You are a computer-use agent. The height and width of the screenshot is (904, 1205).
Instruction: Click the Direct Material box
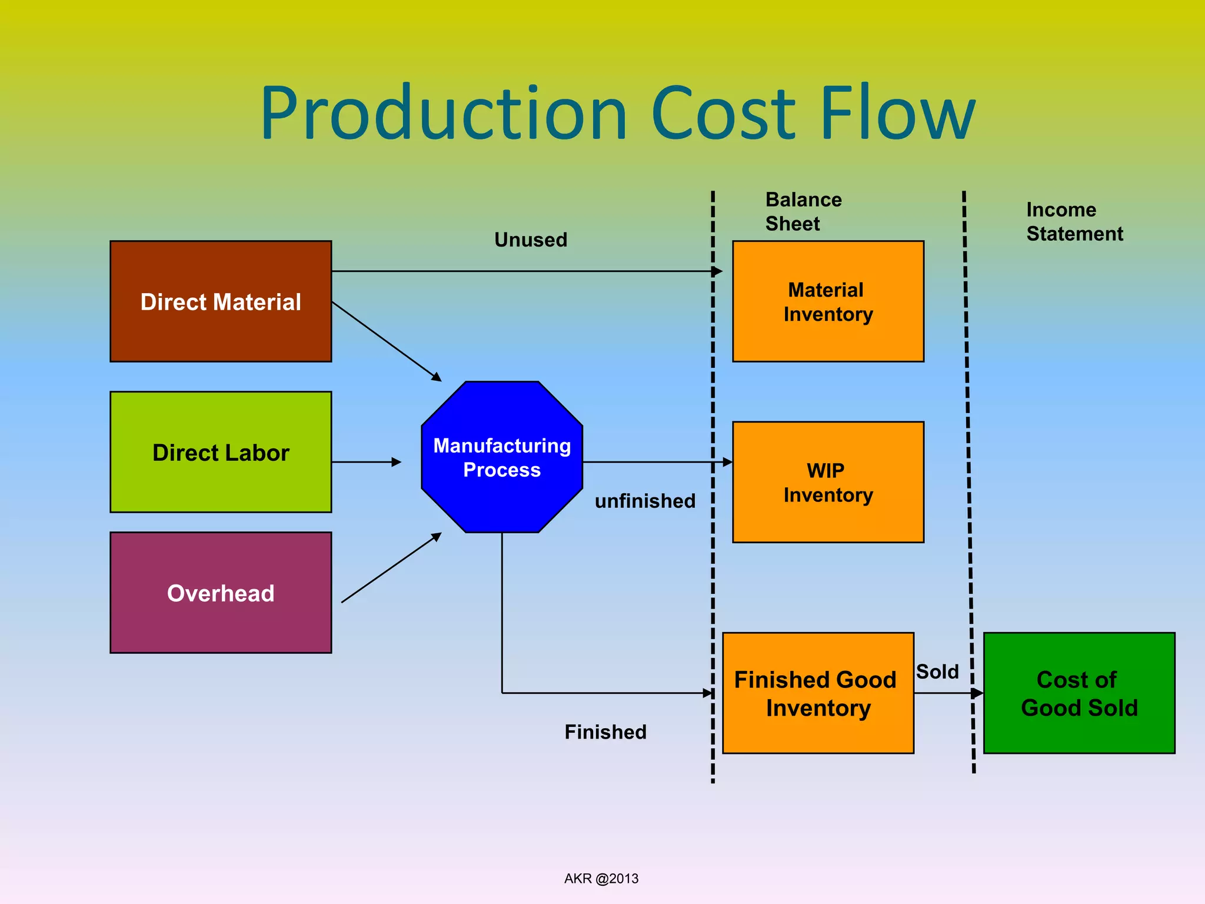(221, 301)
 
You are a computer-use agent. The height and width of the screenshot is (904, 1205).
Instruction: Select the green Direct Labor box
(221, 452)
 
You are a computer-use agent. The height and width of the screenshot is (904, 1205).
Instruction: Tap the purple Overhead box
(221, 593)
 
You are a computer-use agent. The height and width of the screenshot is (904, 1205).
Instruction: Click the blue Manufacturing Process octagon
(502, 457)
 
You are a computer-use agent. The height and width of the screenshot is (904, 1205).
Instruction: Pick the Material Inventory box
(828, 301)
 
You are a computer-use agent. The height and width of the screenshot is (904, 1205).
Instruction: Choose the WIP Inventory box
(828, 482)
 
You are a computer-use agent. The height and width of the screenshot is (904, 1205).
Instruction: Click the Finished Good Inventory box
(818, 693)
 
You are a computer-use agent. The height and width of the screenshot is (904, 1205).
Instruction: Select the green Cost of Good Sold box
(1079, 693)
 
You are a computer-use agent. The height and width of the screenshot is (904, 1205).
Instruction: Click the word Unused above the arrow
(531, 240)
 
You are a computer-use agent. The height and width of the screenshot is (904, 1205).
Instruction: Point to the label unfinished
(645, 501)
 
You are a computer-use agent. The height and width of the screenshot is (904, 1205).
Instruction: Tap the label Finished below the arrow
(605, 732)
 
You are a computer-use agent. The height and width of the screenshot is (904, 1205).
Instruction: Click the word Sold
(937, 672)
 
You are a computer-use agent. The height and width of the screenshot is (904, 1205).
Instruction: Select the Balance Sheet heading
(803, 211)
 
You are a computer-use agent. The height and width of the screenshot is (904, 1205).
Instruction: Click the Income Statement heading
(1074, 221)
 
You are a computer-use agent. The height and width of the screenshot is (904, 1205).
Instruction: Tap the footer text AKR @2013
(601, 879)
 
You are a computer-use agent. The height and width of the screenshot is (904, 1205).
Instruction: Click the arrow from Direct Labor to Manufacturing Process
(366, 462)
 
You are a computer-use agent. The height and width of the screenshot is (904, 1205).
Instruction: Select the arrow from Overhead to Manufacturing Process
(391, 568)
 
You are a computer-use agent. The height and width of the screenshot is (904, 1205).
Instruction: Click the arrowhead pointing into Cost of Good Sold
(977, 693)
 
